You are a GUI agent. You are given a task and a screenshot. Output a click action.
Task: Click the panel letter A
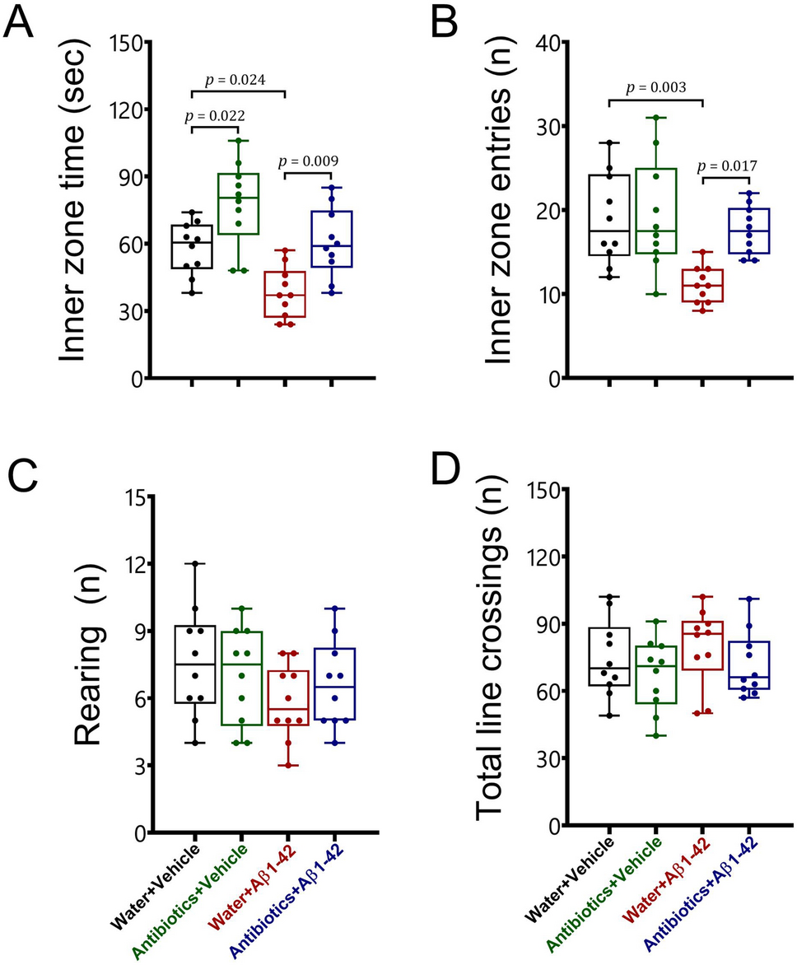click(x=20, y=24)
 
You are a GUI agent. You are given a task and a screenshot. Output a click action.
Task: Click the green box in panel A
click(x=239, y=203)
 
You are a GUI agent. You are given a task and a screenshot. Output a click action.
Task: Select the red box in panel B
click(x=702, y=286)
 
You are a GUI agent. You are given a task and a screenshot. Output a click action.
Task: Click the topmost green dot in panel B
click(x=655, y=117)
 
